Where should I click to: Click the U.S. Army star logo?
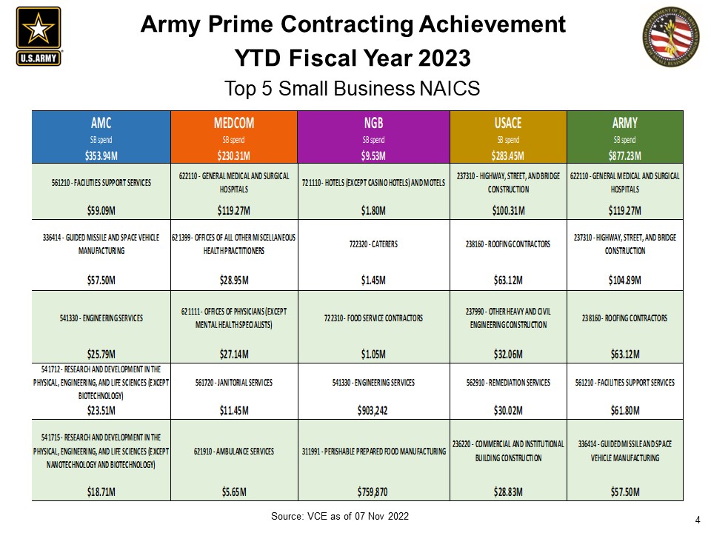click(39, 36)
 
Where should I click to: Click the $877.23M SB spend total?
click(624, 156)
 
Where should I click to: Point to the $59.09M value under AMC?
click(101, 210)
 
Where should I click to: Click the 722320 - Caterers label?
click(373, 244)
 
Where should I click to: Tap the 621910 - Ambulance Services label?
click(234, 451)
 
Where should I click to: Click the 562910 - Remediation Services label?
click(508, 383)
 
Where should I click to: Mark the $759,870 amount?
click(373, 491)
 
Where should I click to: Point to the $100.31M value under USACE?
click(508, 210)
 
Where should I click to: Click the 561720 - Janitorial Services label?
click(234, 383)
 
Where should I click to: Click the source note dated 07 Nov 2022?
click(339, 515)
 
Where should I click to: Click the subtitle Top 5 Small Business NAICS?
click(353, 89)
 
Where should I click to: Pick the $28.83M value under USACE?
click(508, 491)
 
